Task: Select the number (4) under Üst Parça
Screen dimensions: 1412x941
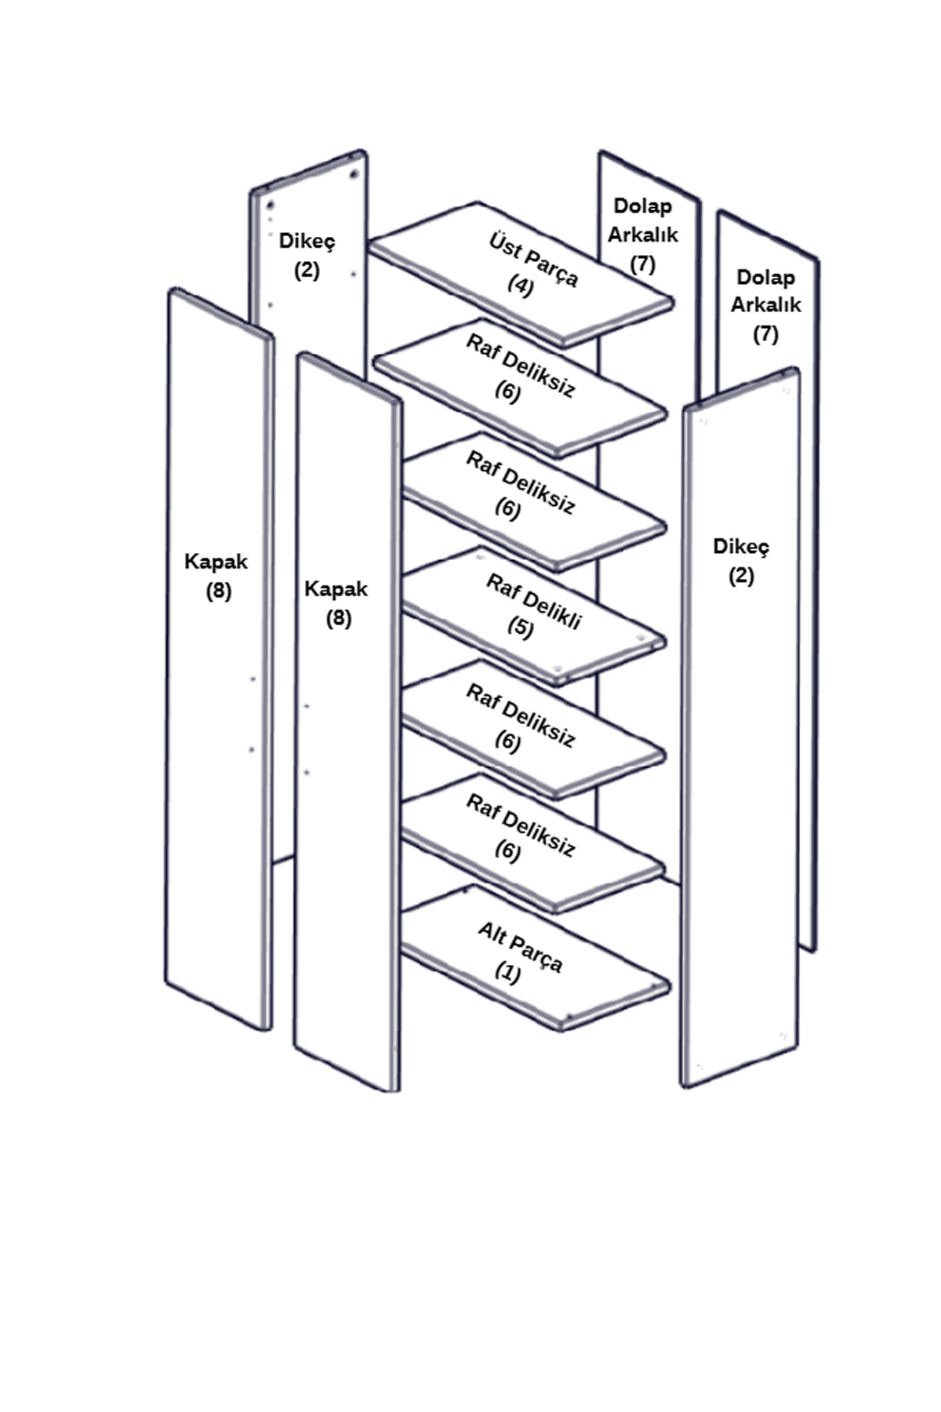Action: pyautogui.click(x=520, y=284)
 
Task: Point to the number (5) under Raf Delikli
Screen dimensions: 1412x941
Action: pyautogui.click(x=520, y=628)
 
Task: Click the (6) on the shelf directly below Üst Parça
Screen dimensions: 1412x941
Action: pyautogui.click(x=507, y=391)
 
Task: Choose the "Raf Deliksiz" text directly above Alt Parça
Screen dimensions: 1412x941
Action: pyautogui.click(x=521, y=824)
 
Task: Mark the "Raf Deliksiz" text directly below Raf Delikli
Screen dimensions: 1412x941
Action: pyautogui.click(x=521, y=715)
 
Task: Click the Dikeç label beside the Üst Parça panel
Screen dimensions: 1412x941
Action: pyautogui.click(x=307, y=241)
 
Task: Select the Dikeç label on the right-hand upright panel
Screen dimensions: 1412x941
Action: pyautogui.click(x=741, y=546)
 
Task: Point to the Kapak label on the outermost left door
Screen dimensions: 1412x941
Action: pyautogui.click(x=216, y=562)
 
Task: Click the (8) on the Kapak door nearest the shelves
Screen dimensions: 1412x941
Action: pyautogui.click(x=338, y=619)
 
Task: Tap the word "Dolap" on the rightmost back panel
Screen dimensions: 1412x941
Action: pyautogui.click(x=765, y=277)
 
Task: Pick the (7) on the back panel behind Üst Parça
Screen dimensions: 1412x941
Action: pyautogui.click(x=642, y=264)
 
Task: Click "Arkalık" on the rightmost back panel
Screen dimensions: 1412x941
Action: pyautogui.click(x=765, y=304)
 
